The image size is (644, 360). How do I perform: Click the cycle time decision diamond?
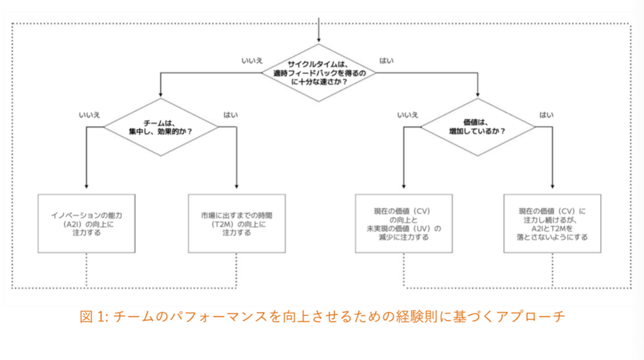[x=318, y=73]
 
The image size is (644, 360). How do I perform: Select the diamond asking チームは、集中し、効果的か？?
[x=161, y=127]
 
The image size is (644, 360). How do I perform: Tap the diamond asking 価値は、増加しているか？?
[x=478, y=127]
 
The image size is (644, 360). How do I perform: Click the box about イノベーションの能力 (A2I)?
[x=86, y=223]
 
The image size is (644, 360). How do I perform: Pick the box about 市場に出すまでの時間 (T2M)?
[x=237, y=223]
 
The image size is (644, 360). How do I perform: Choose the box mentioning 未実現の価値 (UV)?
[x=404, y=223]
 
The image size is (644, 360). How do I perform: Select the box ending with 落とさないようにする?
[x=552, y=223]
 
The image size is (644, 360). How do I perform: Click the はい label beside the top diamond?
[x=386, y=61]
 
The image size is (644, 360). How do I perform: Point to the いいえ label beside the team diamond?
[x=89, y=115]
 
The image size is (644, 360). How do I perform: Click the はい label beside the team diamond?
[x=230, y=115]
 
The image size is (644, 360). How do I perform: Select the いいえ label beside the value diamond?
[x=408, y=115]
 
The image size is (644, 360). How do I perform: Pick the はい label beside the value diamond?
[x=546, y=115]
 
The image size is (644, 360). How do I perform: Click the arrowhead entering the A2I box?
[x=87, y=187]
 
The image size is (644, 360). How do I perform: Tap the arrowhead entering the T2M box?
[x=237, y=187]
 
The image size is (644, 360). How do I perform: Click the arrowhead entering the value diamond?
[x=478, y=95]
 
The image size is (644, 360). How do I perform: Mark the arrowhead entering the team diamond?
[x=161, y=95]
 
